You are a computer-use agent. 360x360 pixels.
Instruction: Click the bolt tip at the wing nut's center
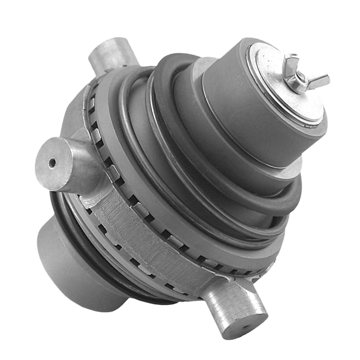pos(301,77)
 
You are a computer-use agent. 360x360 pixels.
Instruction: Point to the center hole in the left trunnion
pos(52,163)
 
